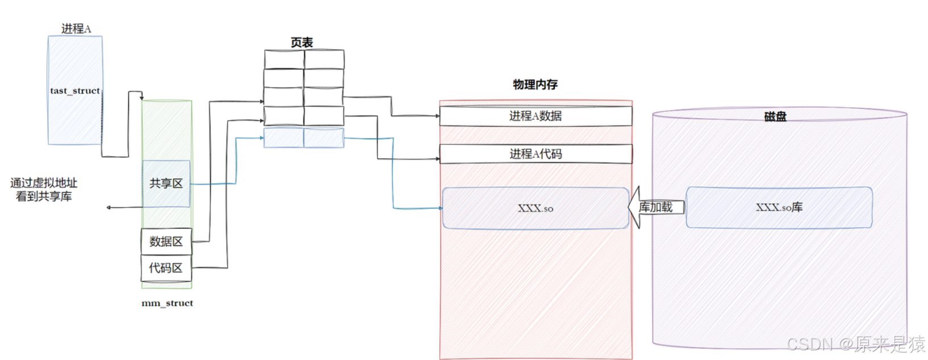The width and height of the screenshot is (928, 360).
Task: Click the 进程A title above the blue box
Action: click(x=76, y=28)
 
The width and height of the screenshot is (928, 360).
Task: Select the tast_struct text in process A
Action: click(x=74, y=91)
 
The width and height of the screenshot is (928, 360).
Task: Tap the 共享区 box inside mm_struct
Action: click(x=166, y=183)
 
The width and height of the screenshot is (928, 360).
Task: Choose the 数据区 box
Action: click(x=166, y=242)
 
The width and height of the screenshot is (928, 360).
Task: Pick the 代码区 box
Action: click(x=166, y=268)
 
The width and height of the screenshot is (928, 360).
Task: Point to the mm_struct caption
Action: click(x=167, y=303)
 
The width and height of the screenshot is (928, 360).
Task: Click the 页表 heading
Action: click(x=302, y=43)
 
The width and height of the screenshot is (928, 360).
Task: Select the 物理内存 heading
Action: click(x=535, y=85)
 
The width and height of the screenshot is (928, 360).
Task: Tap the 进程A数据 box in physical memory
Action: click(x=536, y=116)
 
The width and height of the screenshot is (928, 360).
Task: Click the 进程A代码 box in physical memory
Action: click(x=536, y=154)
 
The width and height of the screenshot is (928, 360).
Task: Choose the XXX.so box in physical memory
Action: click(x=536, y=208)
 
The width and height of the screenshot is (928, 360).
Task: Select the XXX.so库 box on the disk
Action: click(x=779, y=207)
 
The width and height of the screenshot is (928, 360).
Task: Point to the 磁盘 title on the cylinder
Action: click(x=775, y=116)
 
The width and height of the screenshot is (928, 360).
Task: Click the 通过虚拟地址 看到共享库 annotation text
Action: click(x=44, y=190)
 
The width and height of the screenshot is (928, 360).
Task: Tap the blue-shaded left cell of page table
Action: click(x=283, y=138)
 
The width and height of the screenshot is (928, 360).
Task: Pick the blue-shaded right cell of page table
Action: click(x=324, y=138)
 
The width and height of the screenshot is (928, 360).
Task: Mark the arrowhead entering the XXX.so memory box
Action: click(x=440, y=208)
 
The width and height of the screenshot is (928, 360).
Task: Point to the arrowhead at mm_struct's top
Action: click(x=141, y=98)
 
